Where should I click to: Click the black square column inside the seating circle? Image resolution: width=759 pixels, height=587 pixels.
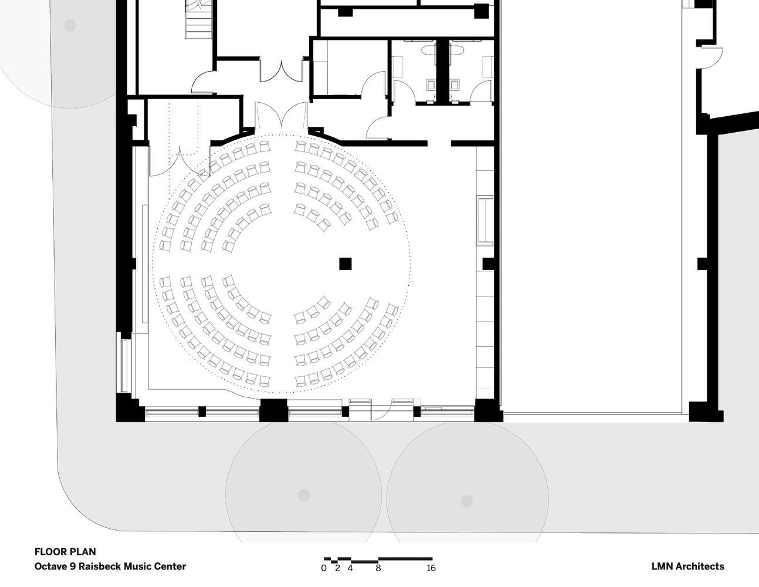click(x=345, y=264)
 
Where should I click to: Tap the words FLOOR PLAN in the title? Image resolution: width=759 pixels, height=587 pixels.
click(x=65, y=552)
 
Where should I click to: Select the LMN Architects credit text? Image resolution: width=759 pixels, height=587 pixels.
click(x=687, y=566)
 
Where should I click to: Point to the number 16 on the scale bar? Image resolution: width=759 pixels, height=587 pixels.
click(x=431, y=568)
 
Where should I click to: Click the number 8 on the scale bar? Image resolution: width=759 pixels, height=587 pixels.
click(x=378, y=568)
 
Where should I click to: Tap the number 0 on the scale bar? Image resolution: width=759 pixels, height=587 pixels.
click(x=324, y=568)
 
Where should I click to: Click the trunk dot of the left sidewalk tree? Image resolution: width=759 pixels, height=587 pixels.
click(x=303, y=495)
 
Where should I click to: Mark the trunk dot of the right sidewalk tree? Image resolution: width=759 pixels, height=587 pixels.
click(x=466, y=501)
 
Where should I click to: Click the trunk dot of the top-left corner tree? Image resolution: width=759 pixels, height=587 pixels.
click(x=70, y=25)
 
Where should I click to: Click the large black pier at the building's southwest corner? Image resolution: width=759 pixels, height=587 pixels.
click(x=129, y=408)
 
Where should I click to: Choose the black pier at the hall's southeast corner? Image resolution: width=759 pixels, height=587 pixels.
click(x=487, y=410)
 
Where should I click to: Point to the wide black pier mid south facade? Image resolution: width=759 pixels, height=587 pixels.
click(x=273, y=410)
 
